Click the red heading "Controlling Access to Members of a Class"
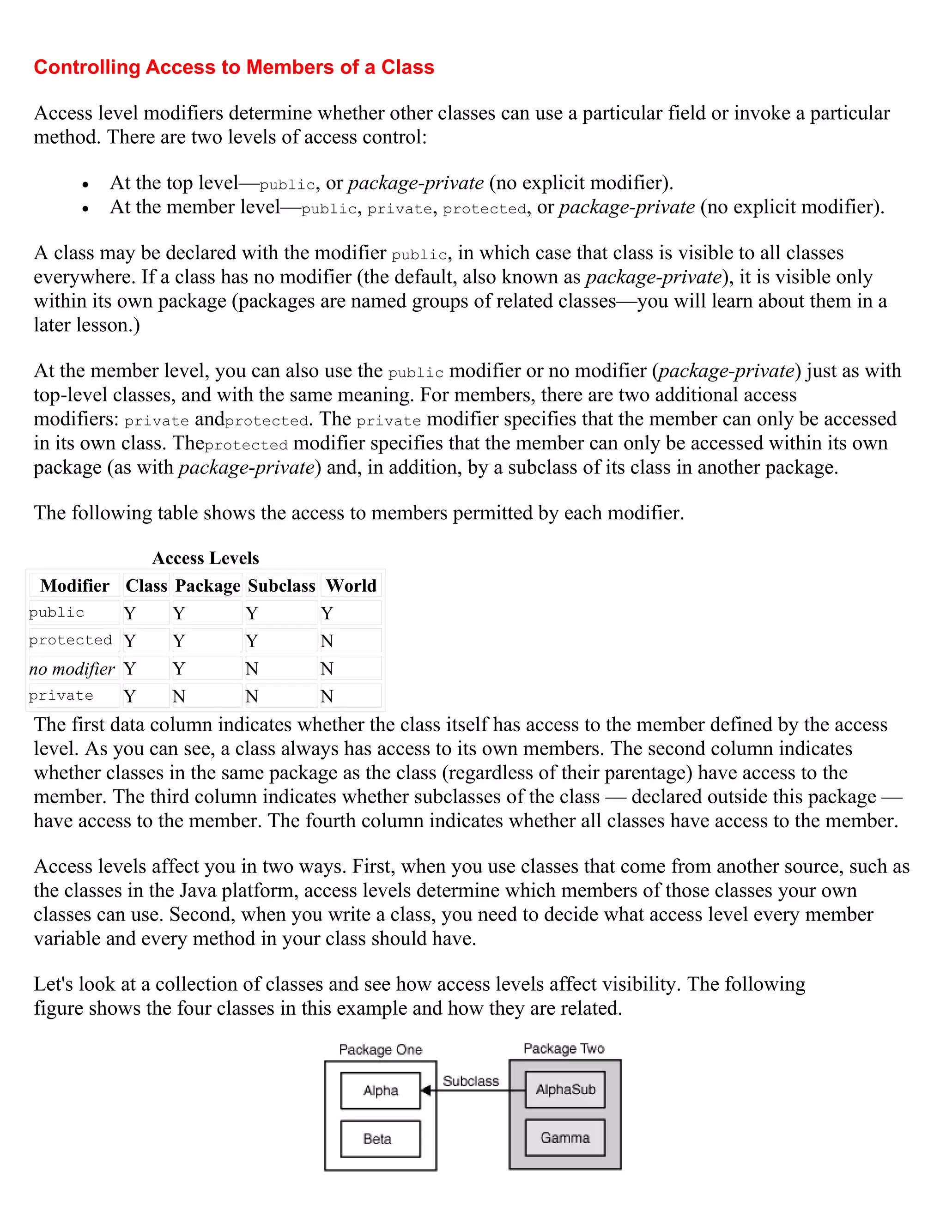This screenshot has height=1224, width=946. (234, 67)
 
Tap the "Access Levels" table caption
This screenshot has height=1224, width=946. (206, 558)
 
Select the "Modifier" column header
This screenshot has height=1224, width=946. (74, 586)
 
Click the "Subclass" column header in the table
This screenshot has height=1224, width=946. (281, 586)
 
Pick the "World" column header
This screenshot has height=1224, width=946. (351, 586)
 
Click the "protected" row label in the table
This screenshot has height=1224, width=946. (71, 640)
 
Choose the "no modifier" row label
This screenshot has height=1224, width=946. (72, 669)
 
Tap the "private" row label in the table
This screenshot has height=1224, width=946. (61, 696)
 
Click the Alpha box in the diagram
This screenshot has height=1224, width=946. (381, 1091)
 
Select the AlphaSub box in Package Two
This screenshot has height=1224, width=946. (565, 1090)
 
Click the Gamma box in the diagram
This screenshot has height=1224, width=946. (565, 1138)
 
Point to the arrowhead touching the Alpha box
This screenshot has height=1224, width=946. (426, 1090)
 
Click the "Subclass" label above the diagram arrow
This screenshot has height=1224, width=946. (471, 1081)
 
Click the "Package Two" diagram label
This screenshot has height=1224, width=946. (564, 1048)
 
